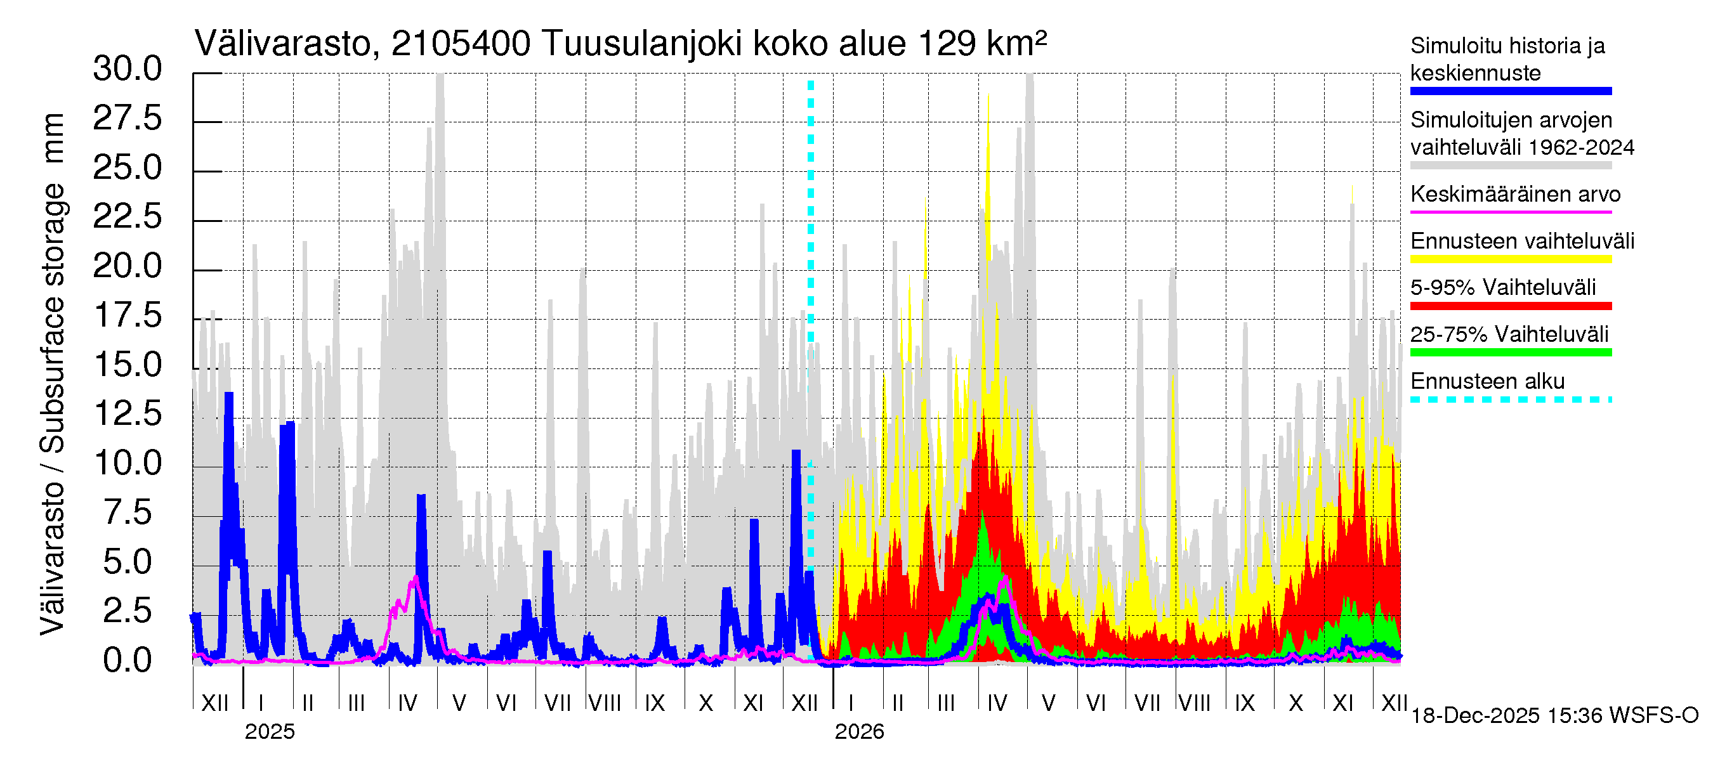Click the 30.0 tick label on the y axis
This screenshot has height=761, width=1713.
coord(127,69)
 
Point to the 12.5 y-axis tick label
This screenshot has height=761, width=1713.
coord(127,414)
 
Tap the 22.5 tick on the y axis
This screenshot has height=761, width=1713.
coord(127,218)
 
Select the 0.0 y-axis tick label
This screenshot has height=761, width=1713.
coord(127,661)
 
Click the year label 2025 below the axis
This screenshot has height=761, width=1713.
coord(269,732)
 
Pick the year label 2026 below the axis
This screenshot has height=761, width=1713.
coord(859,732)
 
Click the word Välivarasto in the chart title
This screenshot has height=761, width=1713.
coord(282,44)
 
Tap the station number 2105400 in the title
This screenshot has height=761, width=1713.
coord(460,44)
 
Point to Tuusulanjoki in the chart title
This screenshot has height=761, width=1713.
coord(642,44)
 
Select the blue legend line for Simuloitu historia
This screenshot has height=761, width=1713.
coord(1510,91)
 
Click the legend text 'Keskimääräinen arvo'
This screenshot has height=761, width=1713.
coord(1515,194)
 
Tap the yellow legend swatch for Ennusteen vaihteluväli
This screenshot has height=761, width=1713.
coord(1510,259)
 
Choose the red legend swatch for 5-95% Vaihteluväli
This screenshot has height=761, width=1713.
coord(1510,306)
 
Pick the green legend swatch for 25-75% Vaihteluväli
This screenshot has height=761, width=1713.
coord(1510,352)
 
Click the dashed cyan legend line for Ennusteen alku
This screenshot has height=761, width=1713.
coord(1510,400)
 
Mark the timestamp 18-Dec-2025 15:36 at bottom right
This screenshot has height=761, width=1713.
coord(1554,716)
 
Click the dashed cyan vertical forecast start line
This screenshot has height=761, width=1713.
coord(811,266)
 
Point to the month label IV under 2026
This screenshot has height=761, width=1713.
coord(997,703)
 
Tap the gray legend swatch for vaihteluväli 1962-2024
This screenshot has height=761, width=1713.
coord(1510,166)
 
